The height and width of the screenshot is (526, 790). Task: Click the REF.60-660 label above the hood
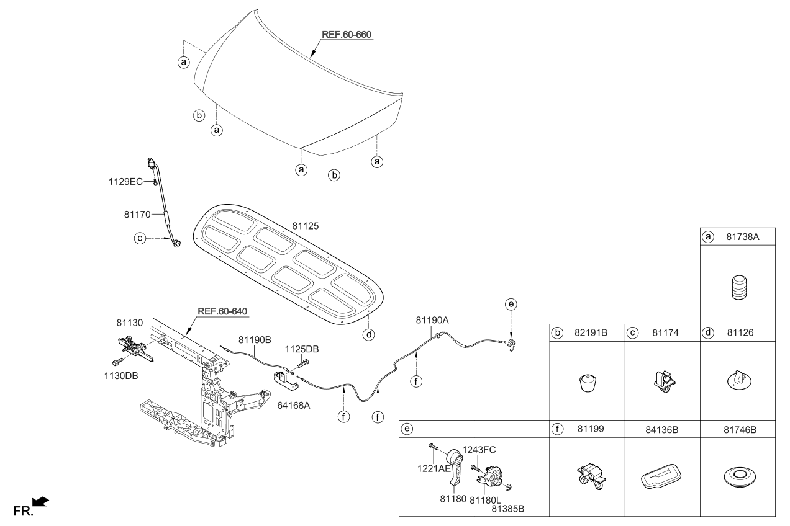click(346, 35)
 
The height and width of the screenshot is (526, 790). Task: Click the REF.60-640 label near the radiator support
click(222, 311)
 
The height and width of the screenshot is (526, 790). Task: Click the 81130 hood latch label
click(129, 323)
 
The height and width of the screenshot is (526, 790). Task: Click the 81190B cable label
click(255, 339)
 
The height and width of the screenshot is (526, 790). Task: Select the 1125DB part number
click(302, 349)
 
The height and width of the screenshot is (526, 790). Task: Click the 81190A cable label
click(432, 320)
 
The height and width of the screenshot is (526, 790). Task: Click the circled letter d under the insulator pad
click(368, 335)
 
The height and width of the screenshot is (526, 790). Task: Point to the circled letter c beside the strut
click(140, 238)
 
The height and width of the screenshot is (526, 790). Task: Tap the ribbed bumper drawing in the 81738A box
click(738, 288)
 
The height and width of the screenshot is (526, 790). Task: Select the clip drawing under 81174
click(663, 381)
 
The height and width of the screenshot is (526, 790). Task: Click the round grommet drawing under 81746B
click(738, 478)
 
